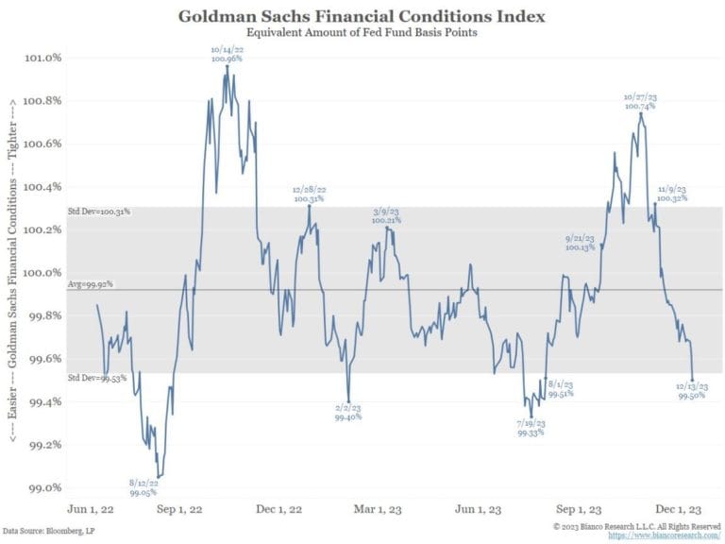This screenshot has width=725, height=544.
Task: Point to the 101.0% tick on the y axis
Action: click(42, 57)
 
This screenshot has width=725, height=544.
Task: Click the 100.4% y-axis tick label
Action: click(42, 186)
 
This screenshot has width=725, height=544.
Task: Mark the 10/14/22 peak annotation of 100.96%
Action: click(227, 53)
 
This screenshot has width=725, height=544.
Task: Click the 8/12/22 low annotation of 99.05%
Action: click(144, 461)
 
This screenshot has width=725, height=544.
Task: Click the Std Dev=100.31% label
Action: click(98, 212)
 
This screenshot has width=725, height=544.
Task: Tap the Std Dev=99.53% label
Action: click(96, 378)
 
